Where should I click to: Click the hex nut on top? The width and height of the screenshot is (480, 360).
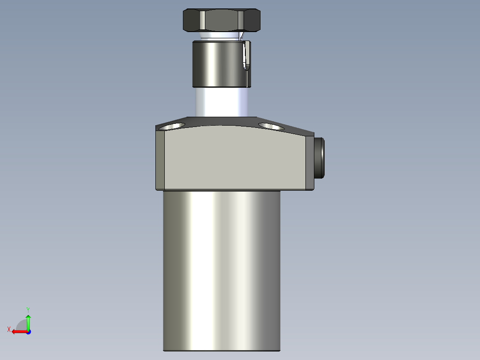click(x=221, y=20)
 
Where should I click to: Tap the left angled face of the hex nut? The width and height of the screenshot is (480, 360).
click(x=191, y=20)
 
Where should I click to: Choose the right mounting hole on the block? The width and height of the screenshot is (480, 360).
click(x=270, y=127)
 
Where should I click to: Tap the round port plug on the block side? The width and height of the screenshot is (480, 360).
click(x=319, y=158)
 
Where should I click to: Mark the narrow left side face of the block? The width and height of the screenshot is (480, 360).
click(x=160, y=160)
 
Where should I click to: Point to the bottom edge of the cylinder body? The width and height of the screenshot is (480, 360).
click(x=222, y=350)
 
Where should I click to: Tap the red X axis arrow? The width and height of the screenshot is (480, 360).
click(x=18, y=331)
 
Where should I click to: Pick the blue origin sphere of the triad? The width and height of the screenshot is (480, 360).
click(x=28, y=331)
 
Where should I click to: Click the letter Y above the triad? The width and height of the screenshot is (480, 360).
click(x=28, y=309)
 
